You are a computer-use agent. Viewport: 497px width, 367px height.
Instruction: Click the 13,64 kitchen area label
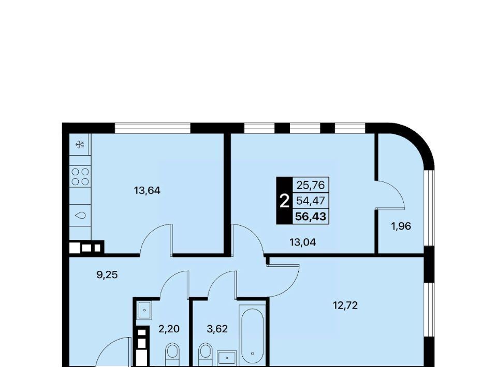[x=147, y=190]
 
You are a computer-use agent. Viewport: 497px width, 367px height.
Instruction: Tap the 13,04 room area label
[x=303, y=242]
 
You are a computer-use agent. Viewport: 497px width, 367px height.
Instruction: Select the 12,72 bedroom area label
[x=345, y=305]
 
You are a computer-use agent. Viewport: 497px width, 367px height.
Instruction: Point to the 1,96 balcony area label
[x=401, y=226]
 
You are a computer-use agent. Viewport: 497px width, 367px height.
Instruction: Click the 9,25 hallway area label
[x=107, y=274]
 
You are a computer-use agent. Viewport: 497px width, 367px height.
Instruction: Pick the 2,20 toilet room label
[x=169, y=329]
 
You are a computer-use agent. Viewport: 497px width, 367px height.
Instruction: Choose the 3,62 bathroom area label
[x=217, y=329]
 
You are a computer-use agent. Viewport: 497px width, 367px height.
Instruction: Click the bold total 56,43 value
[x=311, y=217]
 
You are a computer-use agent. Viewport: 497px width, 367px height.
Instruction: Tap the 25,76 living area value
[x=311, y=185]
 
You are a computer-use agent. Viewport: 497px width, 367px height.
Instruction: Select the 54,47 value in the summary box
[x=311, y=201]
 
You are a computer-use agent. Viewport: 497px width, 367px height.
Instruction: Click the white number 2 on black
[x=285, y=201]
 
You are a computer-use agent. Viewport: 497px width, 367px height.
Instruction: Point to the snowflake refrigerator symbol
[x=80, y=145]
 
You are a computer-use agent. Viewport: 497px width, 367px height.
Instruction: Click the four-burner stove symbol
[x=80, y=177]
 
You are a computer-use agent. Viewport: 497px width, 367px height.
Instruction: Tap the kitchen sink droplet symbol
[x=81, y=216]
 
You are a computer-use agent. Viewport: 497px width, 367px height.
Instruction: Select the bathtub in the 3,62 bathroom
[x=252, y=334]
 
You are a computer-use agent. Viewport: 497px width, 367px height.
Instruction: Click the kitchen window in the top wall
[x=153, y=128]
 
